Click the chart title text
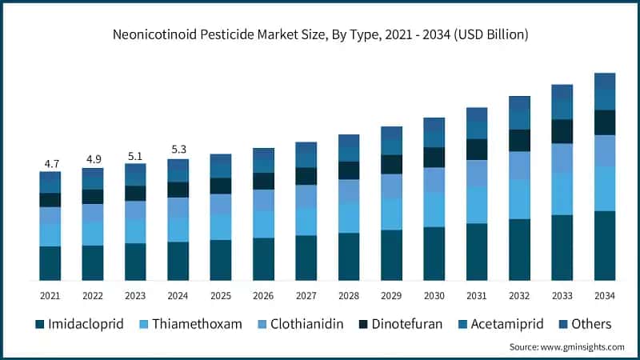320,35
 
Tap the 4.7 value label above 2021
50,164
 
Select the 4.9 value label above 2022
93,158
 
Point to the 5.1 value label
135,156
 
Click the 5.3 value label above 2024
178,150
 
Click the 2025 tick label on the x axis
221,296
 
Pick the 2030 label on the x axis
434,296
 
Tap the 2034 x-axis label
605,296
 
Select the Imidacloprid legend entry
80,324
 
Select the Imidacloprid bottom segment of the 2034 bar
605,246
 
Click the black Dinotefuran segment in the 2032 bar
519,140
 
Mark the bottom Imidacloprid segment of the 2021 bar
50,263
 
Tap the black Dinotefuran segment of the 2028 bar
349,170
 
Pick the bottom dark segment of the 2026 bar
263,258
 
